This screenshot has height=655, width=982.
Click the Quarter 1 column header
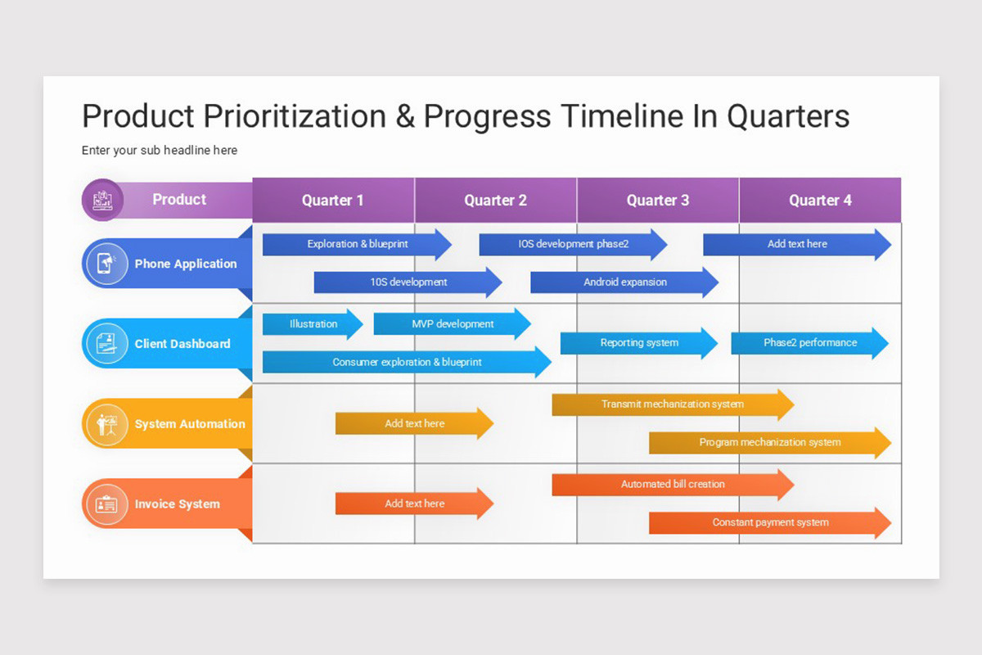(333, 201)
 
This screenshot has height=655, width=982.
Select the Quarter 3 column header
(658, 201)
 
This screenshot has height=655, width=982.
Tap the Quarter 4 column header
(820, 201)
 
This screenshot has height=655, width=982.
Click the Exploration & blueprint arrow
(357, 244)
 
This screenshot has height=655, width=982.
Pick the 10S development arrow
(408, 282)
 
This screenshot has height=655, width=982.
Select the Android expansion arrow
(624, 282)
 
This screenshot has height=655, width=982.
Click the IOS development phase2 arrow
(573, 244)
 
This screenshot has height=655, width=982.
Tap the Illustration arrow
(313, 324)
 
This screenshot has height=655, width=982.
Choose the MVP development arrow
(452, 324)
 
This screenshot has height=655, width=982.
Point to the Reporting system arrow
(638, 343)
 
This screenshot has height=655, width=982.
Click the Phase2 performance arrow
(809, 343)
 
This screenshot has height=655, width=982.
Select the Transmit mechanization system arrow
(672, 404)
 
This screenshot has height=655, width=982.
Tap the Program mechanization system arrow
(769, 443)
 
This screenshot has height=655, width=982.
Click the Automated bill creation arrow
(672, 485)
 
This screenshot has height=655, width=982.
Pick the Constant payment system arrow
(769, 523)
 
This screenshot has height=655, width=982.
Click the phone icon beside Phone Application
(106, 264)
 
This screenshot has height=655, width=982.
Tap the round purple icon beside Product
(102, 200)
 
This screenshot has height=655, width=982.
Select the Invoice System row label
(177, 504)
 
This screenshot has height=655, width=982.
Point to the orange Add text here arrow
(414, 504)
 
